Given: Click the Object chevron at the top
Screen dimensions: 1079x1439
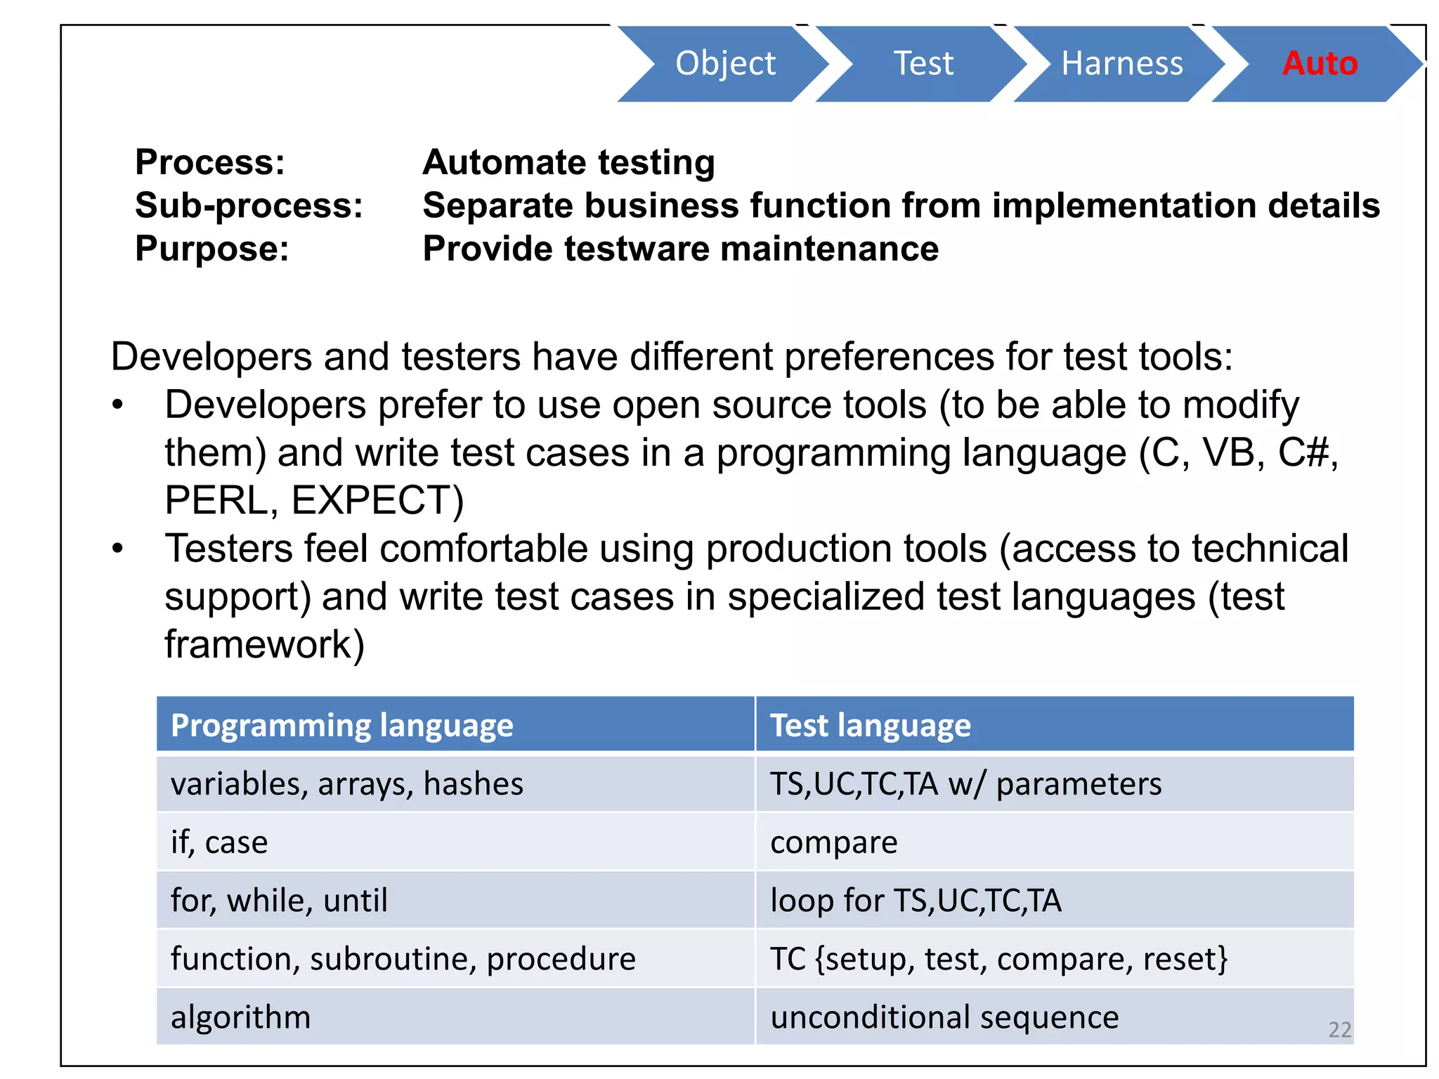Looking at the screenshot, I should coord(724,63).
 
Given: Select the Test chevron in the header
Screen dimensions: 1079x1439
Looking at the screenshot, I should coord(923,63).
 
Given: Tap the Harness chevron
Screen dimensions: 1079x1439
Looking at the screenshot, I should coord(1121,63).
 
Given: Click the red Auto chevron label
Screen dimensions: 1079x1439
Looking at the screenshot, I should coord(1320,63).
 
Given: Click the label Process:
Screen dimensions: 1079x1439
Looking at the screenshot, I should coord(210,162).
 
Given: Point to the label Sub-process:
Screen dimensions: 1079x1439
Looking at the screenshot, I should coord(249,206).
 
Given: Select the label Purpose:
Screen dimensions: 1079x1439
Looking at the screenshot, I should coord(211,249).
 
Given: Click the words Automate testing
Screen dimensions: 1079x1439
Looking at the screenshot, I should coord(568,162).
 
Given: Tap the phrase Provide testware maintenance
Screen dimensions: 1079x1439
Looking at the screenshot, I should coord(680,249).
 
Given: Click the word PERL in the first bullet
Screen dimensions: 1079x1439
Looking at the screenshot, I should coord(220,500).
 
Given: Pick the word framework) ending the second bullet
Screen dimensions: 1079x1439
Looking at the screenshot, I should coord(264,644).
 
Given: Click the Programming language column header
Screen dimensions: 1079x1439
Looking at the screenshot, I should coord(341,725).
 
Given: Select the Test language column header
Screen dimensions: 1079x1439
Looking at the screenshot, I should coord(870,725).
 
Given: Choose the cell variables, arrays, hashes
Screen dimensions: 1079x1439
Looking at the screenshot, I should coord(346,784).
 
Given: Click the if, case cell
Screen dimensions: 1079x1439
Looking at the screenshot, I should coord(219,842).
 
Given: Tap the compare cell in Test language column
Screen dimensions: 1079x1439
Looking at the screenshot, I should coord(833,842).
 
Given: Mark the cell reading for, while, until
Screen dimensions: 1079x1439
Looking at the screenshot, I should coord(279,901).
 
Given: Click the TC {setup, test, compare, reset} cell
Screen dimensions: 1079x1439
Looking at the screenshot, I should coord(998,959).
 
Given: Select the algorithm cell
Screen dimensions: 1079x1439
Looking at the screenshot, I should coord(240,1017).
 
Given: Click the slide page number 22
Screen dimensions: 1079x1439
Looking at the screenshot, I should coord(1339,1030).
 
